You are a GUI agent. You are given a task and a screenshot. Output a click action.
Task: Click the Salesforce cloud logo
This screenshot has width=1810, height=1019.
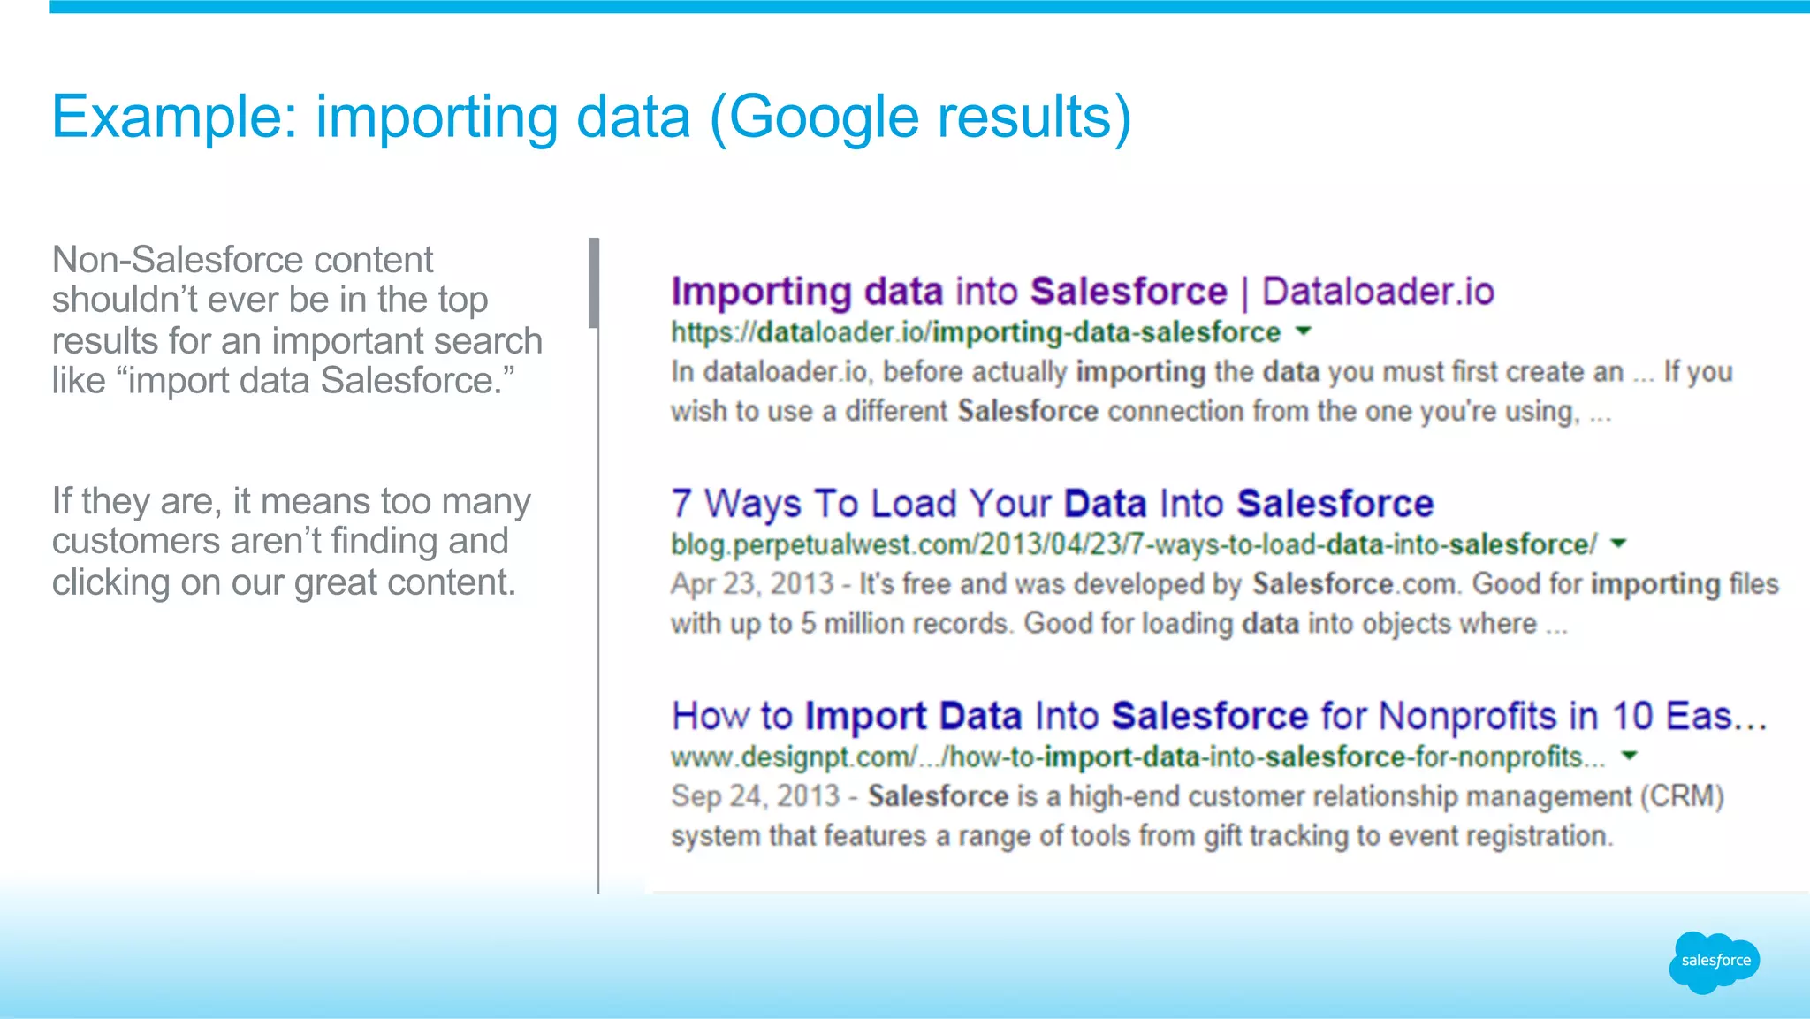tap(1714, 962)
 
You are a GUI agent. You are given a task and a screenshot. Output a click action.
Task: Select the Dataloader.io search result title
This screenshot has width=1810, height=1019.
tap(1082, 292)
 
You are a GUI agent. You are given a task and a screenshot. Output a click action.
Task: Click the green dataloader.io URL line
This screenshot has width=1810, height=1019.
tap(975, 332)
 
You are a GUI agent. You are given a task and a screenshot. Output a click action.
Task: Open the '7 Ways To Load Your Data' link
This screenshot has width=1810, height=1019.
tap(1052, 504)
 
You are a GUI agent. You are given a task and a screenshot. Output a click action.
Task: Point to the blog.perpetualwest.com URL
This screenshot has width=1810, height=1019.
tap(1134, 544)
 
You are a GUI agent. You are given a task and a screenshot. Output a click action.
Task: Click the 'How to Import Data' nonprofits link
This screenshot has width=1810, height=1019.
tap(1218, 716)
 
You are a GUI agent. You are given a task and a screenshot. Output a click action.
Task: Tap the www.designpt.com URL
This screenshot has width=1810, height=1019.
tap(1137, 757)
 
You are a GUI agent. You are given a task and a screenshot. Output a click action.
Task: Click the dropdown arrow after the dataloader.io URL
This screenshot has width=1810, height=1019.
tap(1304, 331)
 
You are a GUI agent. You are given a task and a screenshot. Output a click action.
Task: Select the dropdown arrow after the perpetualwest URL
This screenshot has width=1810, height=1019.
tap(1618, 544)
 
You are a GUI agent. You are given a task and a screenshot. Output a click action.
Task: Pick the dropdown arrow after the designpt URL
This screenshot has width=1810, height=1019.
tap(1630, 756)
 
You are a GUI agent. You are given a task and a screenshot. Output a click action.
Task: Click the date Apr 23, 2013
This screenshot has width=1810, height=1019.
tap(752, 584)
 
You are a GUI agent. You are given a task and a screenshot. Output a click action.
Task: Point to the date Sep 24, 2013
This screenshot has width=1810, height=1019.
tap(755, 796)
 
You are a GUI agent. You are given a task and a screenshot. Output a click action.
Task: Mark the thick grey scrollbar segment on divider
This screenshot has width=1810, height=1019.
tap(594, 283)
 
